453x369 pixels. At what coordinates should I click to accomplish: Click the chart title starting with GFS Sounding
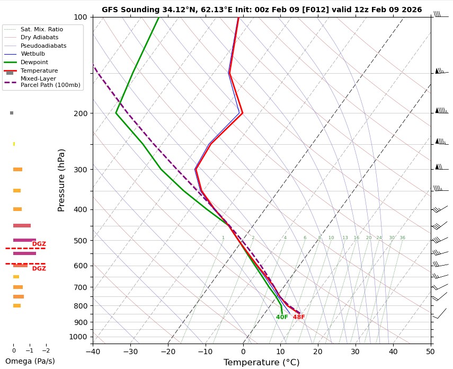(x=262, y=10)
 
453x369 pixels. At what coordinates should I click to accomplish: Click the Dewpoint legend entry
(x=34, y=62)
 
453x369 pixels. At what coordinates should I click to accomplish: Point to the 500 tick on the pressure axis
(x=79, y=241)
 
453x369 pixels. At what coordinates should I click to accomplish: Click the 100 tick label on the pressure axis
(x=80, y=17)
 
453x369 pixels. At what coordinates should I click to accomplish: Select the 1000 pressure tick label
(x=78, y=337)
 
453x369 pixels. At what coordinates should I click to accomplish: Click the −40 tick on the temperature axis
(x=93, y=351)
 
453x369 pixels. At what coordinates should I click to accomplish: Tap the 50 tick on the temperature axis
(x=430, y=351)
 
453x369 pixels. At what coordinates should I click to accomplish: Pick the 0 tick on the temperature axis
(x=243, y=351)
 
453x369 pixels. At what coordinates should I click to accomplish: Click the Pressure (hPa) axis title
(x=61, y=180)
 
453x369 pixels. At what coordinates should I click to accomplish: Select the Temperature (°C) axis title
(x=261, y=363)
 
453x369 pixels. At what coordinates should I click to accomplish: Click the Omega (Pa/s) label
(x=30, y=361)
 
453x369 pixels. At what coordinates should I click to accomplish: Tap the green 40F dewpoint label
(x=282, y=318)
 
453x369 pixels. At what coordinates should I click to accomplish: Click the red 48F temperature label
(x=299, y=318)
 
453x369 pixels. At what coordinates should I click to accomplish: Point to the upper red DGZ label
(x=39, y=244)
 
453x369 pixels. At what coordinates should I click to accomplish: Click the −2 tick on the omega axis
(x=46, y=350)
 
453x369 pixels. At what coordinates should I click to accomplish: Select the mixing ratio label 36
(x=402, y=238)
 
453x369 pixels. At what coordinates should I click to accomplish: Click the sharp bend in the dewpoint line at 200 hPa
(x=116, y=113)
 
